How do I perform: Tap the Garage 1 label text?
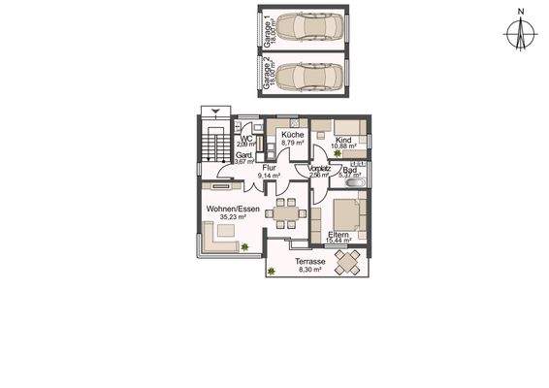pos(268,31)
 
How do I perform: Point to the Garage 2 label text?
pos(268,75)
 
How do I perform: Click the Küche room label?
pos(293,135)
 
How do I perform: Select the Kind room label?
pos(342,140)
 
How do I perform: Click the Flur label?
pos(269,168)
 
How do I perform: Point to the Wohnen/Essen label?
pos(228,209)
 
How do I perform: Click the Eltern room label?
pos(339,235)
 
